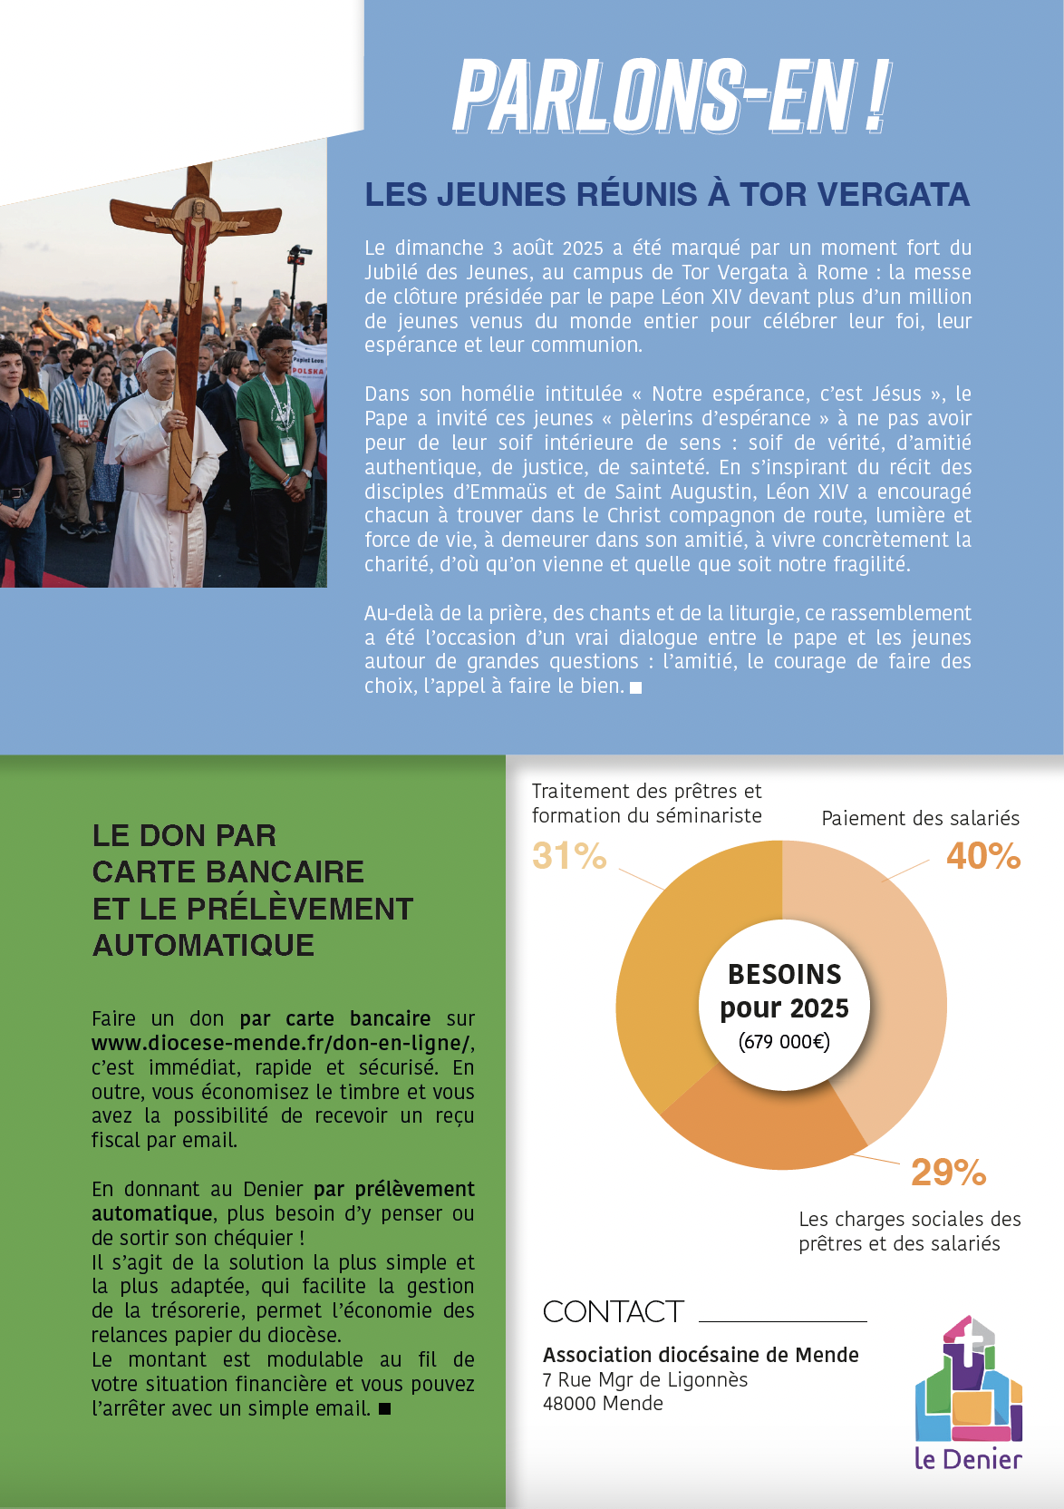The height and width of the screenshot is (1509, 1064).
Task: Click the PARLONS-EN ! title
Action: pos(672,96)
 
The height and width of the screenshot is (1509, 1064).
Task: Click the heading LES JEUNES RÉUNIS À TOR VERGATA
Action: pos(667,194)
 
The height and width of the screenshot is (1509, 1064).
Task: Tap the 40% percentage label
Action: pos(983,856)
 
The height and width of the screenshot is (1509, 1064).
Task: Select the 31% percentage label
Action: pos(569,856)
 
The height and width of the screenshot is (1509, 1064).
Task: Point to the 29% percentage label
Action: pos(948,1173)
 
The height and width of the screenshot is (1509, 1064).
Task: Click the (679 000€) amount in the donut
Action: pos(784,1042)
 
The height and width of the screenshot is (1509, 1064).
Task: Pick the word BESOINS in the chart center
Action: pos(785,974)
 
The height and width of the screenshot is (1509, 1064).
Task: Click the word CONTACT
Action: pos(613,1311)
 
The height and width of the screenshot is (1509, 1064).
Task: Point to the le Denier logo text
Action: pos(968,1459)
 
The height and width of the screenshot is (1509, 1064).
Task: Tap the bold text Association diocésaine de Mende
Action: pos(701,1355)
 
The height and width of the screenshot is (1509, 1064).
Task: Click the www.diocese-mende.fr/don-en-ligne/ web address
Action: pos(281,1043)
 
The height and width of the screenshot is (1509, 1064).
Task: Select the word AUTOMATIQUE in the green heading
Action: pos(203,945)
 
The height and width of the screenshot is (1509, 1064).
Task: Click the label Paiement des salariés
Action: pos(920,818)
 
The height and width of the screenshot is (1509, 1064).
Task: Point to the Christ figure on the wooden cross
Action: pos(194,245)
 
